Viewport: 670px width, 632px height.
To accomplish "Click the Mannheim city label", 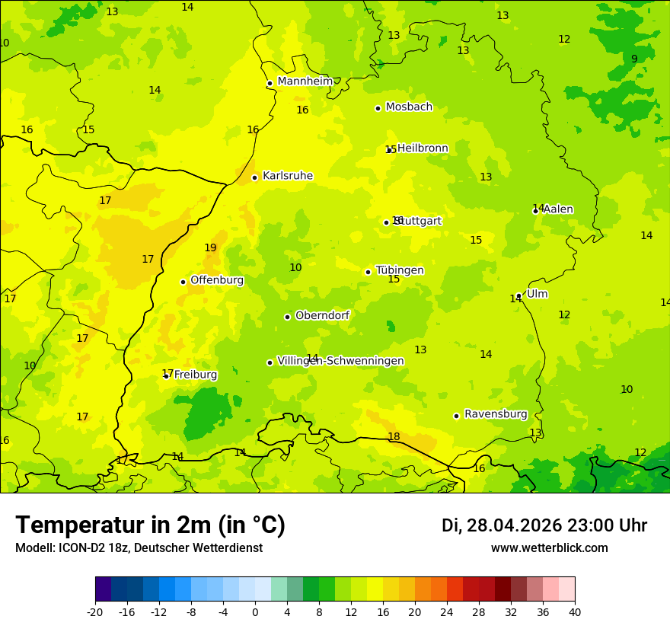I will click(305, 81).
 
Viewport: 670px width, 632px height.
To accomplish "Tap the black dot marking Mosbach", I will click(378, 108).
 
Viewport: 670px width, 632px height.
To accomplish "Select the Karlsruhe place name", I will click(287, 176).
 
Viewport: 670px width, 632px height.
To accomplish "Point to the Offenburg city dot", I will click(183, 282).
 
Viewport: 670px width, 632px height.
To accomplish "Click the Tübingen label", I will click(399, 270).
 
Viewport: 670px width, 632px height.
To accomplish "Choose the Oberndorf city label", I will click(322, 315).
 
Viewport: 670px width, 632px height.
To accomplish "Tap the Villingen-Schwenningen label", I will click(340, 361).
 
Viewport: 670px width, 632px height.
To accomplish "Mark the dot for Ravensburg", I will click(456, 416).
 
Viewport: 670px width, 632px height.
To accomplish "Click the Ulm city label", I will click(537, 294).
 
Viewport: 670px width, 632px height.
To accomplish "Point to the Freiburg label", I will click(195, 375).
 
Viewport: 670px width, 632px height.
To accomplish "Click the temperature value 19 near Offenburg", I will click(210, 247).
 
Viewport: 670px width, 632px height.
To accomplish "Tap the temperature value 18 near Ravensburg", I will click(394, 436).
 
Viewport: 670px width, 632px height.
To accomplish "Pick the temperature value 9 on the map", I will click(633, 59).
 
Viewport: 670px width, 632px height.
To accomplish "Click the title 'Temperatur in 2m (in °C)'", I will click(150, 525).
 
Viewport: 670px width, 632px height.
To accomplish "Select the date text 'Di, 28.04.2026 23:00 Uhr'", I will click(544, 525).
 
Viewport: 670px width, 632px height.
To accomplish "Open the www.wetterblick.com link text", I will click(549, 548).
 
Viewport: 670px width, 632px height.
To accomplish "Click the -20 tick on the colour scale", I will click(95, 611).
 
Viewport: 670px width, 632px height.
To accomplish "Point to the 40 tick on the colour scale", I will click(575, 611).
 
